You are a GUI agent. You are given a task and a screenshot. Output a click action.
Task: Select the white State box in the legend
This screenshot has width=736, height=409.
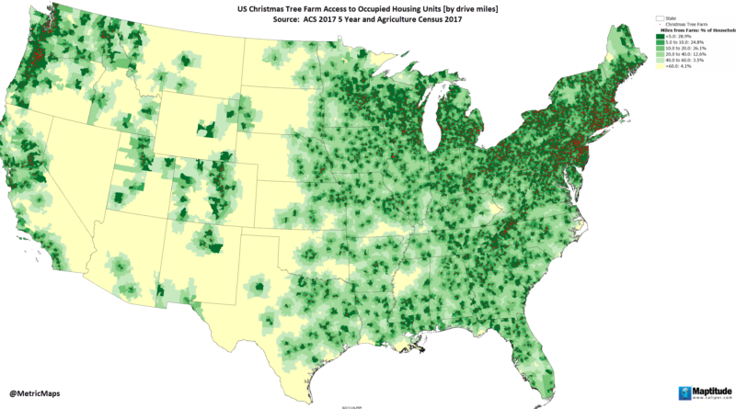pos(660,17)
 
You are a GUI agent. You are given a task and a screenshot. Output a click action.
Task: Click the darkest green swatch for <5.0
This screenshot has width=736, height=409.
pos(660,38)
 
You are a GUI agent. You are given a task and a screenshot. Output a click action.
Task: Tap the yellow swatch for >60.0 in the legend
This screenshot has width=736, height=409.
pos(660,74)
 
